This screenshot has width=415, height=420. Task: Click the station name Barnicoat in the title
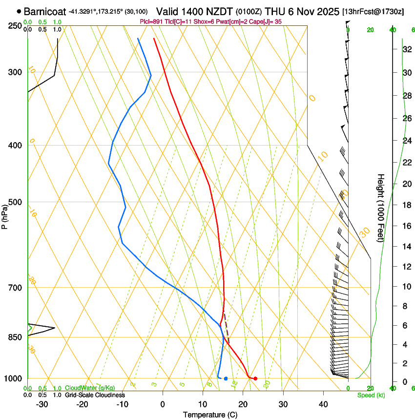[x=45, y=11]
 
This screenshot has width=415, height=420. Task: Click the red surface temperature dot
[x=255, y=378]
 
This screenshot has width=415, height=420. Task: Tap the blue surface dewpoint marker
[x=226, y=378]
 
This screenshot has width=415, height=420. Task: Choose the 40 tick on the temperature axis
[x=323, y=404]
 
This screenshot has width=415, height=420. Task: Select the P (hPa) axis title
[x=5, y=215]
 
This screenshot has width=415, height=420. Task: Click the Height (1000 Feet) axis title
[x=381, y=208]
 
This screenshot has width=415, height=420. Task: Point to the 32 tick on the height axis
[x=406, y=49]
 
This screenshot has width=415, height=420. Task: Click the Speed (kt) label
[x=371, y=395]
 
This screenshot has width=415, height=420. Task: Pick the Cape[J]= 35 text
[x=268, y=22]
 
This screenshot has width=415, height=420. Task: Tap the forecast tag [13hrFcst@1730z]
[x=373, y=11]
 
